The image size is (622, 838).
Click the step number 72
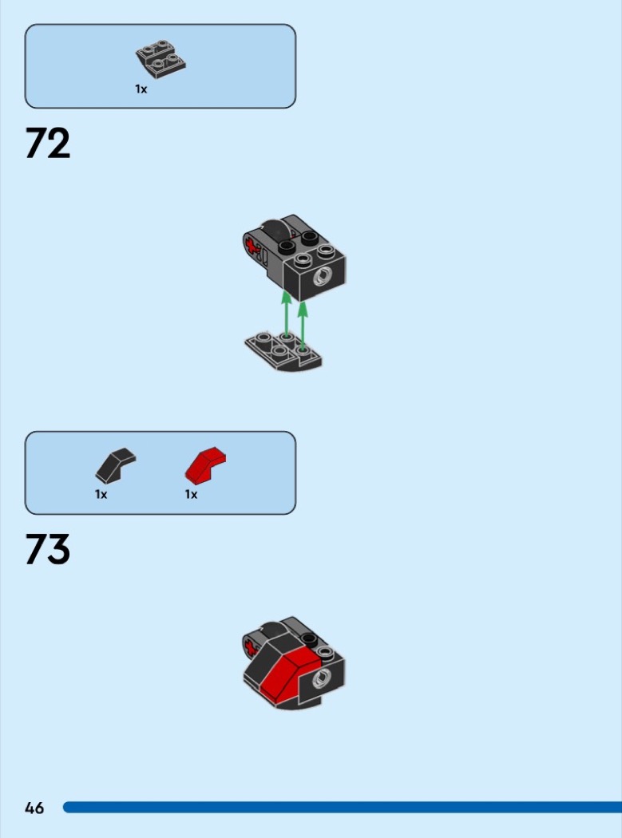[48, 143]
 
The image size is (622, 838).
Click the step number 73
[48, 549]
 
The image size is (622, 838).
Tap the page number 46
[34, 808]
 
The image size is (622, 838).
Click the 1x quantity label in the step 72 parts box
[141, 89]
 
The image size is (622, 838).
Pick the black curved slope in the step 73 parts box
[116, 465]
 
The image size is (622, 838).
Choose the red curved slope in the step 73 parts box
[205, 464]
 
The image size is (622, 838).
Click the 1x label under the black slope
[101, 494]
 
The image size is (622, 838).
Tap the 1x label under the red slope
[191, 494]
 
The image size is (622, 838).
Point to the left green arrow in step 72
[287, 314]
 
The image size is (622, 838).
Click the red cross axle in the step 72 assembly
[251, 247]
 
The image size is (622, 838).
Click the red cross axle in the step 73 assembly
[250, 649]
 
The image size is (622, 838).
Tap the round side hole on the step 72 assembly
[322, 278]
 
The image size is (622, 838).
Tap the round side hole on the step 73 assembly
[322, 678]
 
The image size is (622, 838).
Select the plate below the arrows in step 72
[283, 351]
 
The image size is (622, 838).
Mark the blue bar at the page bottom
[343, 807]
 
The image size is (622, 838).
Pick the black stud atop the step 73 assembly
[307, 638]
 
